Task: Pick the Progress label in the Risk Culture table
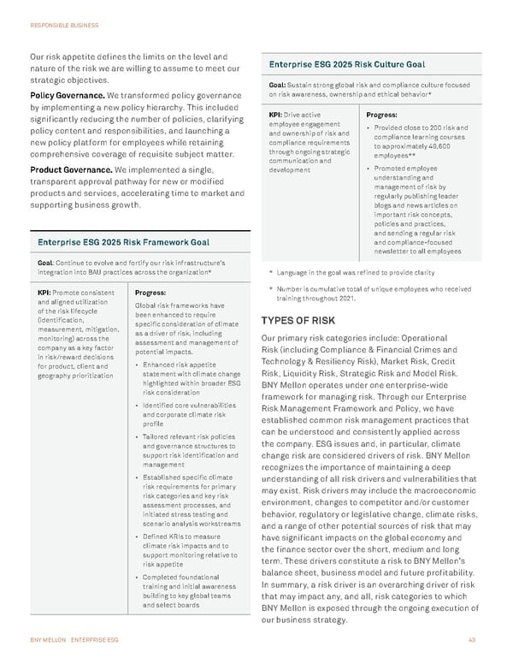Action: pyautogui.click(x=381, y=114)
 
